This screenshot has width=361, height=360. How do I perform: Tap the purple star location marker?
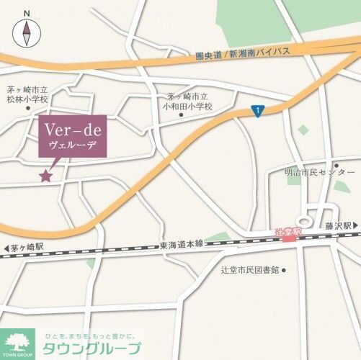pos(46,175)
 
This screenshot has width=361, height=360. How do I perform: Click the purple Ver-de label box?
pos(72,135)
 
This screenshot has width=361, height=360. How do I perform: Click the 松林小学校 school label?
pos(28,94)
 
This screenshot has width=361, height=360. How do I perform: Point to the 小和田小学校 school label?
pos(190,101)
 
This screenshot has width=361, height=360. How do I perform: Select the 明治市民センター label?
pos(319,173)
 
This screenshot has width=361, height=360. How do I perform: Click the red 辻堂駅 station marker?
pos(288,234)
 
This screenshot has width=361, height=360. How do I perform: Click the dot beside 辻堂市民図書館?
pos(285,271)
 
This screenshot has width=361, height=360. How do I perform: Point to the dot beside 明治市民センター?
pos(335,164)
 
